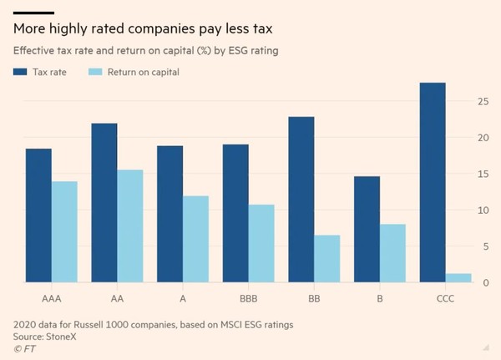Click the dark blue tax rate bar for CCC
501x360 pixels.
[433, 183]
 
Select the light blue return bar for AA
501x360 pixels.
[130, 226]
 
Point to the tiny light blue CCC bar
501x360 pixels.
[458, 278]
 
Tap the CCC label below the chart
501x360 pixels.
[445, 298]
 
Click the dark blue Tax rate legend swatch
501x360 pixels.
[18, 72]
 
